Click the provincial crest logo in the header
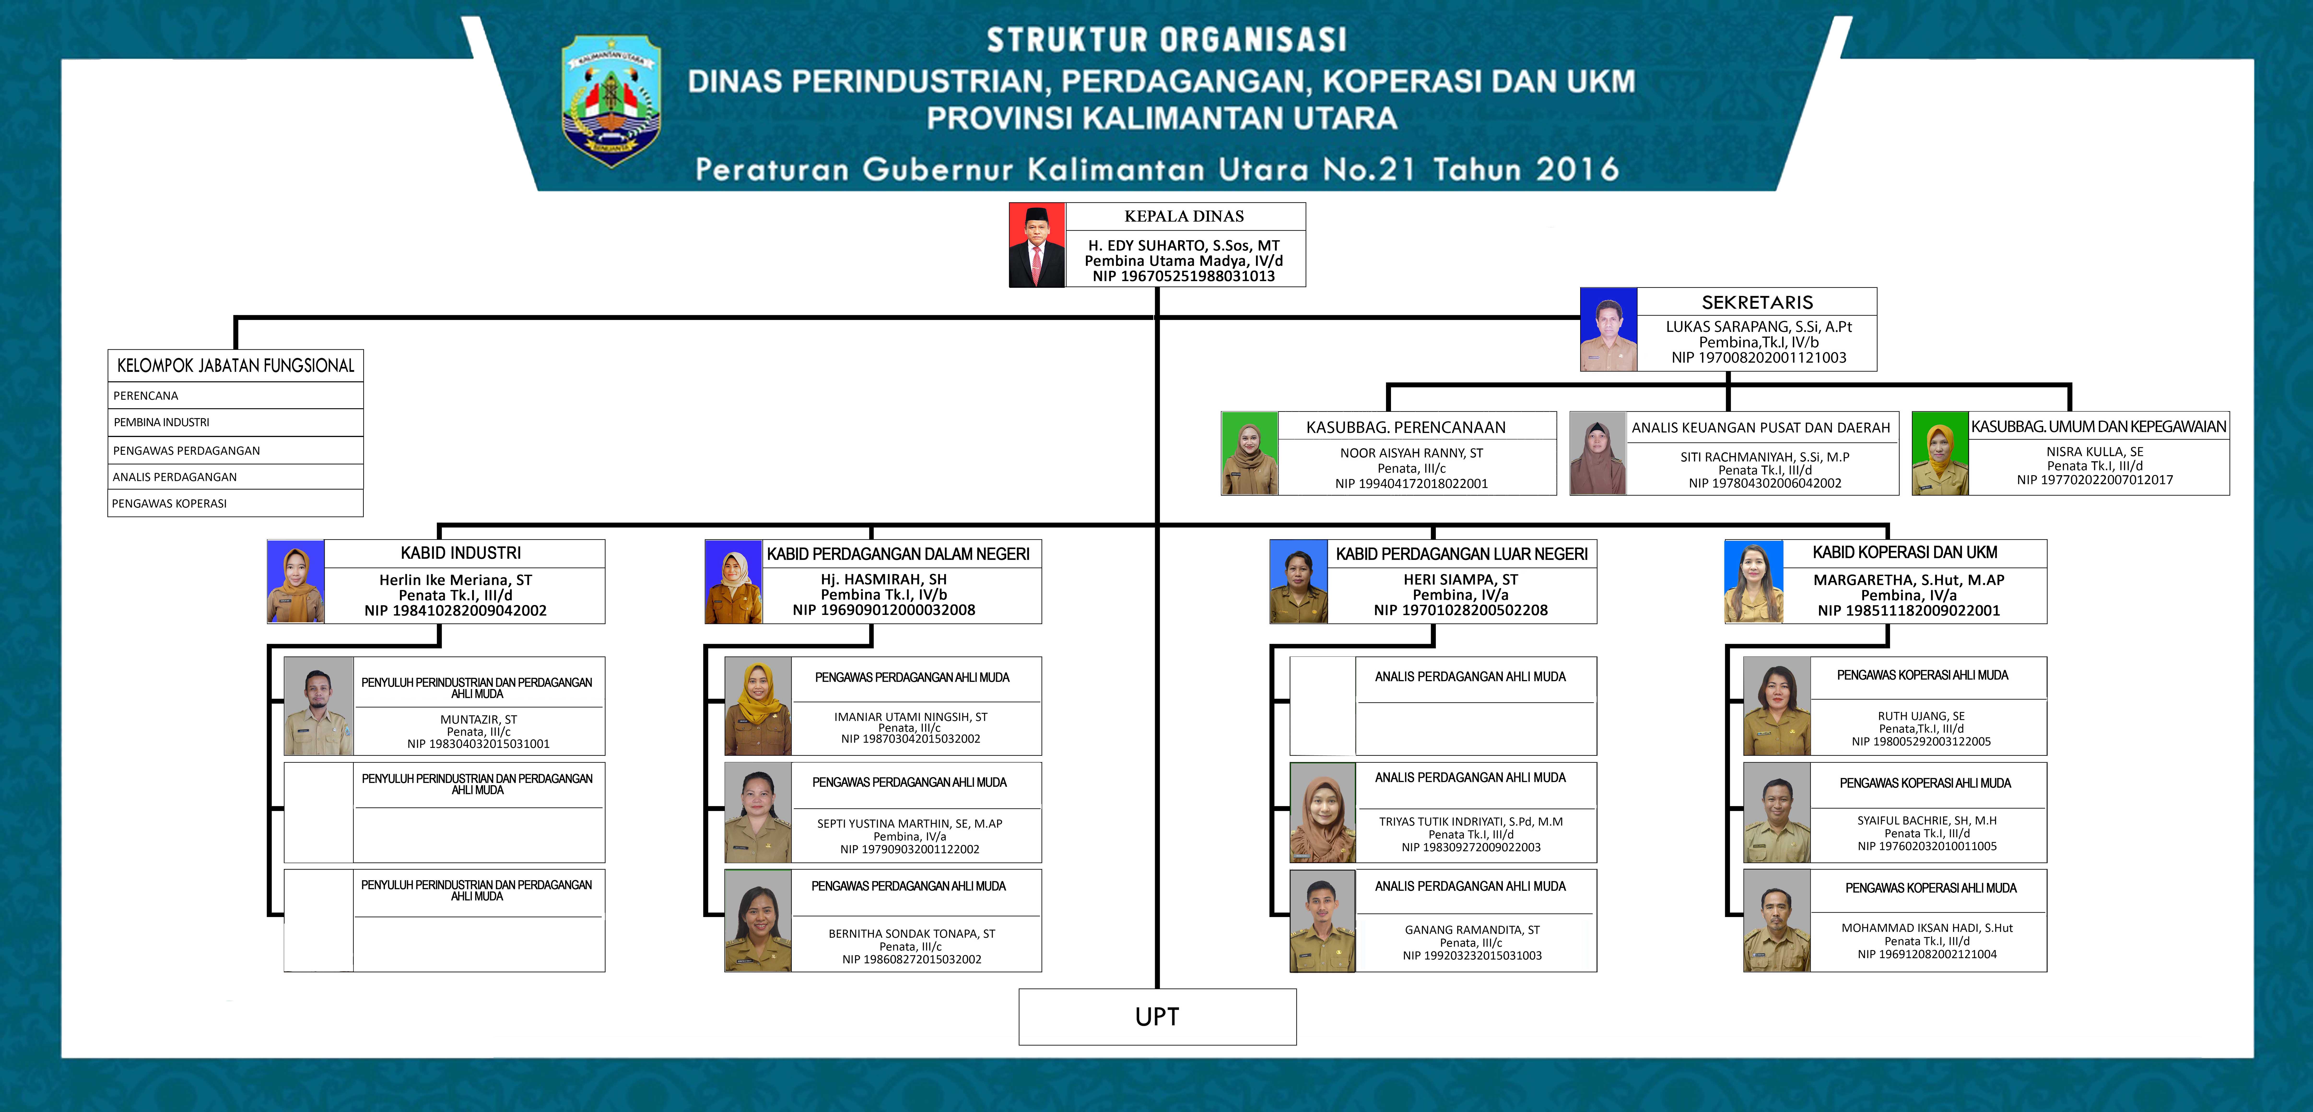[x=611, y=101]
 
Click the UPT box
[x=1157, y=1017]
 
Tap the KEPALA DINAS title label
[x=1184, y=216]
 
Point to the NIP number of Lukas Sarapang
[x=1759, y=357]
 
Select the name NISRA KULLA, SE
[x=2095, y=452]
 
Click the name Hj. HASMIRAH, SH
[x=884, y=579]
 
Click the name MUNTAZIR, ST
[x=479, y=720]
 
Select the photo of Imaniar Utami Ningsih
[x=758, y=706]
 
